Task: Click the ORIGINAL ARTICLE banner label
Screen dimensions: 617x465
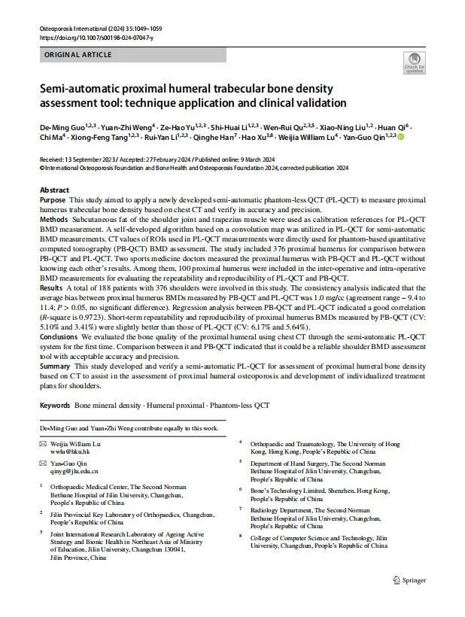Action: tap(78, 55)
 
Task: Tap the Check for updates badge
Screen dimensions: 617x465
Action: tap(415, 63)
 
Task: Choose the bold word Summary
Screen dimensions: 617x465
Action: tap(55, 365)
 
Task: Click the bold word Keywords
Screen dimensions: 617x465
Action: tap(55, 405)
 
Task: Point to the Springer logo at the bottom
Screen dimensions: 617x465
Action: tap(409, 580)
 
